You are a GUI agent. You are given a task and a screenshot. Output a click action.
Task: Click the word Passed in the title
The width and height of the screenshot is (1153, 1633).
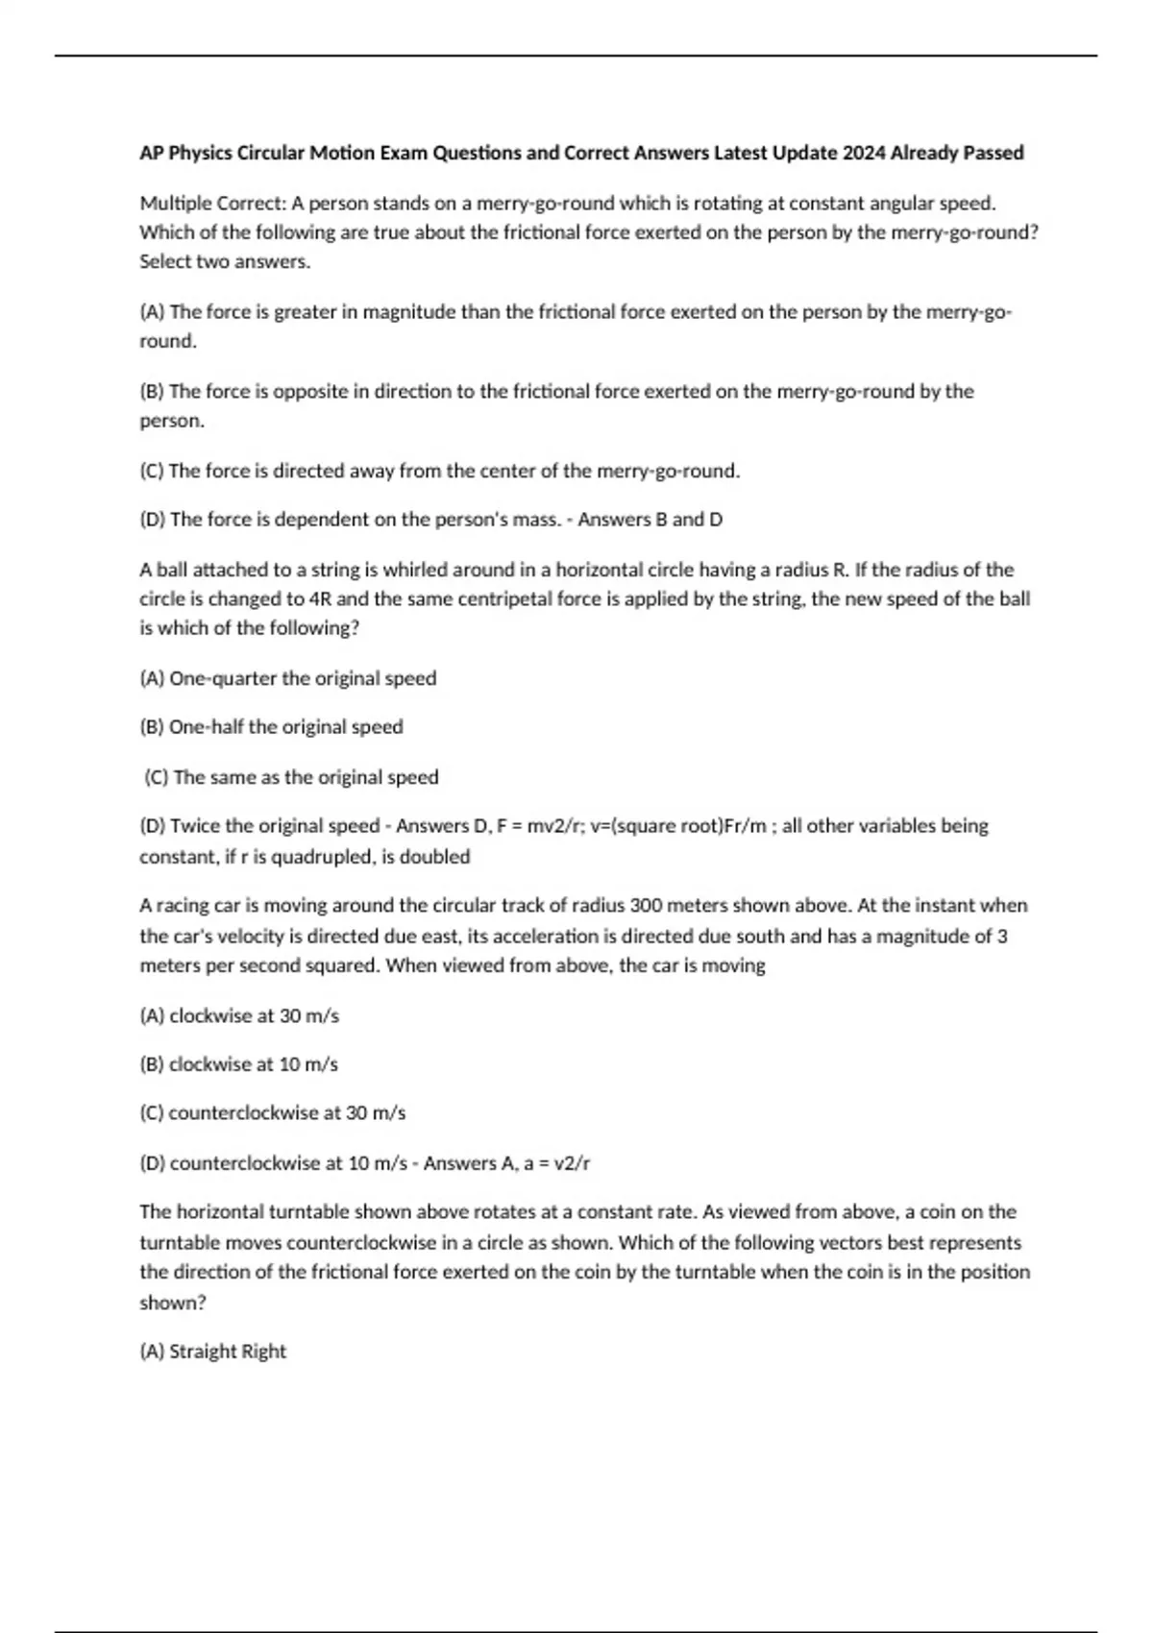pyautogui.click(x=994, y=153)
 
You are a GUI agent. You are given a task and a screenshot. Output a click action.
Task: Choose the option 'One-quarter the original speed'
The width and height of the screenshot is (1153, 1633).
pyautogui.click(x=302, y=678)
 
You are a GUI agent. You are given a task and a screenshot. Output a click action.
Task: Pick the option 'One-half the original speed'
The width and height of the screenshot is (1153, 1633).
pyautogui.click(x=285, y=726)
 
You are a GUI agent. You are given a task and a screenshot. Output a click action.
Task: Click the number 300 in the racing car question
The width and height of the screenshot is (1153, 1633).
pyautogui.click(x=646, y=905)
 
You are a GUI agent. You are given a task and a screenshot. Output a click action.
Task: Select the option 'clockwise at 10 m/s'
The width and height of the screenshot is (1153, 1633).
pyautogui.click(x=253, y=1064)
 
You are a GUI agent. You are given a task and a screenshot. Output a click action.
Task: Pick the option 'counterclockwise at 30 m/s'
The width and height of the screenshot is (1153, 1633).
pyautogui.click(x=286, y=1112)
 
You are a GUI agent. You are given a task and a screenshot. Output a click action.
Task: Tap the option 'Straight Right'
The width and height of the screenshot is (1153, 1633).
pyautogui.click(x=227, y=1352)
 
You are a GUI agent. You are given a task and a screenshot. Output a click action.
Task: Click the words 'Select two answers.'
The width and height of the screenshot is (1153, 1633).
pyautogui.click(x=225, y=261)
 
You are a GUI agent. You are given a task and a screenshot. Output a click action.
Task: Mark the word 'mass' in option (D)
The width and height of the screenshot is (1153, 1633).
pyautogui.click(x=537, y=520)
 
